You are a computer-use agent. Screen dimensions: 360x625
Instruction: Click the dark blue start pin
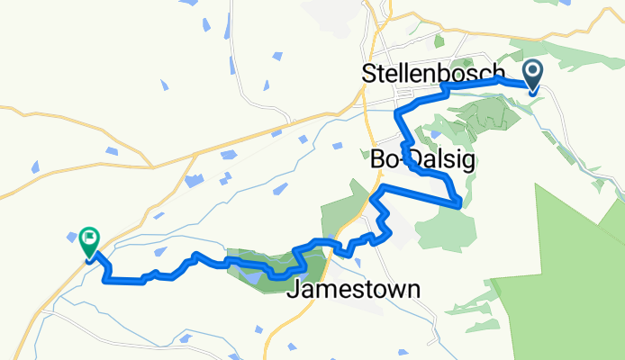click(532, 77)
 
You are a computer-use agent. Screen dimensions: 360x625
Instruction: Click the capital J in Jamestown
click(292, 290)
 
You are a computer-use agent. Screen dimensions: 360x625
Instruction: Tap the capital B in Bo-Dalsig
click(377, 160)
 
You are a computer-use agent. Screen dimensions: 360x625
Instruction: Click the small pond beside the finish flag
click(72, 237)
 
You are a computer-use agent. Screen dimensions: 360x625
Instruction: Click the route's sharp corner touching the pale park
click(460, 204)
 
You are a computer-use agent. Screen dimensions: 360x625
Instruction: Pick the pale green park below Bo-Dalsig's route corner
click(450, 225)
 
